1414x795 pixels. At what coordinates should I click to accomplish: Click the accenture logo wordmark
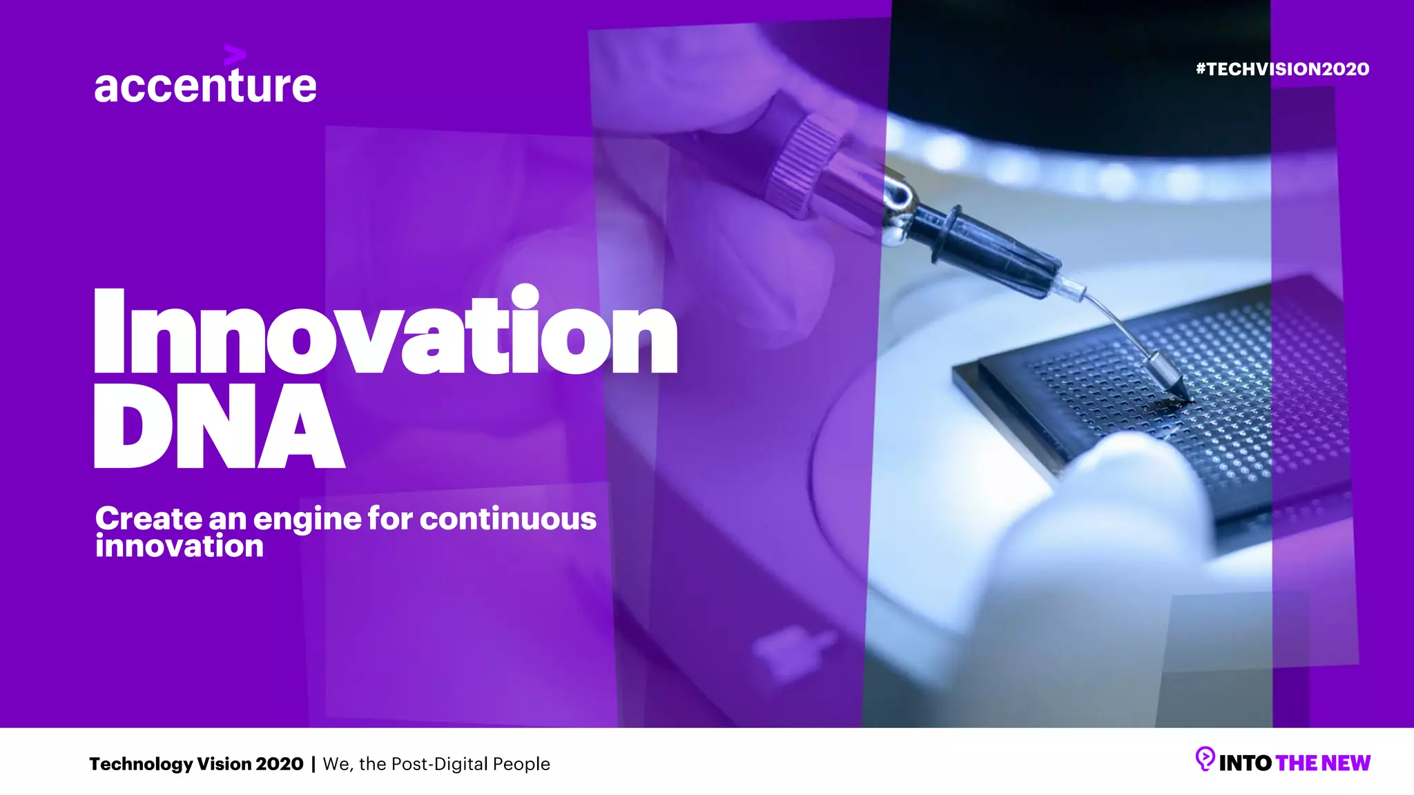[x=205, y=86]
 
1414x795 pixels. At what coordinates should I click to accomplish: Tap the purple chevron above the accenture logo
[x=234, y=55]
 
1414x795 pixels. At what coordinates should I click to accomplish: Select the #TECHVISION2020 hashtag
[x=1282, y=69]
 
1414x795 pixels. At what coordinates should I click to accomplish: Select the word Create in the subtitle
[x=148, y=518]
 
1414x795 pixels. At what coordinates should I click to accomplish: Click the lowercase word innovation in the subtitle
[x=180, y=547]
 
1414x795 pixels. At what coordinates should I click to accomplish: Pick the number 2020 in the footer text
[x=280, y=764]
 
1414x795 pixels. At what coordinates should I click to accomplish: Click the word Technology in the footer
[x=141, y=764]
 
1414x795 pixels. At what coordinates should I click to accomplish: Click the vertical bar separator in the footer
[x=313, y=764]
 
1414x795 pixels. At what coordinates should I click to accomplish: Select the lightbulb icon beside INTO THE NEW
[x=1204, y=759]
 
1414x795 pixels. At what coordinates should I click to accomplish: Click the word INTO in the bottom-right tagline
[x=1245, y=763]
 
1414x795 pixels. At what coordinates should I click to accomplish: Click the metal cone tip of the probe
[x=1171, y=381]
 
